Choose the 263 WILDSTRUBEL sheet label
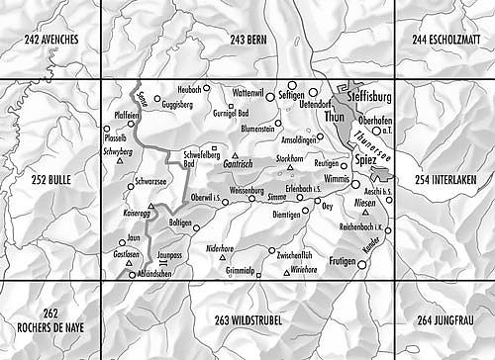pos(247,320)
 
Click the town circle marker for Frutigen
pos(362,264)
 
